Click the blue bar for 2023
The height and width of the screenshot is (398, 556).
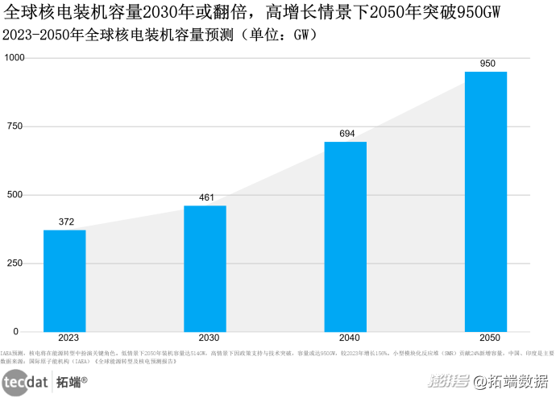(64, 280)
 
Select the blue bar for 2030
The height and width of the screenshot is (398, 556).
(205, 268)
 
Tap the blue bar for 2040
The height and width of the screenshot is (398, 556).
(345, 236)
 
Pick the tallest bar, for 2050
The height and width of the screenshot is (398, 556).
(486, 201)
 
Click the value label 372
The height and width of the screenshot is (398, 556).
(66, 222)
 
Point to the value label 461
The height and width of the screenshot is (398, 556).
(206, 197)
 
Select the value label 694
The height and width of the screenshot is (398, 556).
(347, 133)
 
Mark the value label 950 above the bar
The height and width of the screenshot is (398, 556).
(488, 64)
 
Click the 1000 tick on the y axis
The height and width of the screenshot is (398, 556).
(15, 58)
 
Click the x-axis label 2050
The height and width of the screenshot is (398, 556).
(486, 340)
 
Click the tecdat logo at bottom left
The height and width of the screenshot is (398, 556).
(27, 383)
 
